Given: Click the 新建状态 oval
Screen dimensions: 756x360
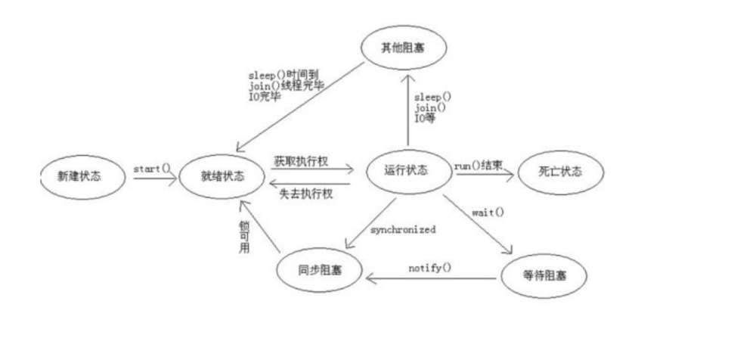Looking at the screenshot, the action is tap(79, 175).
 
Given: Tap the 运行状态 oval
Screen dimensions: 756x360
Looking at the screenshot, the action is tap(407, 171).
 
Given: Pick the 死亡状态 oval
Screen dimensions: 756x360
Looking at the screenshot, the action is tap(560, 172).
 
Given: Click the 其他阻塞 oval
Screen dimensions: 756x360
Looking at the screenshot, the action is tap(403, 48).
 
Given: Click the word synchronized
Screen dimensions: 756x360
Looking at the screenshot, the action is tap(403, 229).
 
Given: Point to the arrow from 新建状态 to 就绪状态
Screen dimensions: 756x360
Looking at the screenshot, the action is tap(151, 178).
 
